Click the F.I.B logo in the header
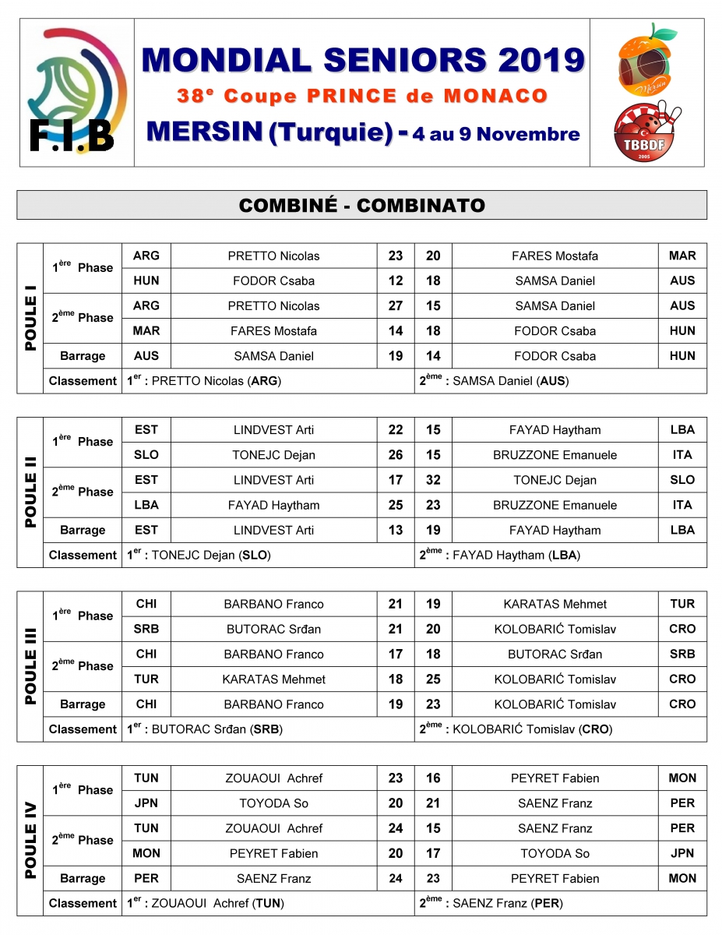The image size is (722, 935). click(76, 92)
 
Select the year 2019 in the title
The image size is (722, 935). click(542, 59)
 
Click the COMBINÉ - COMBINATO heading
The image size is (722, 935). click(361, 205)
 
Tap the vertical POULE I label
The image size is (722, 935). click(30, 318)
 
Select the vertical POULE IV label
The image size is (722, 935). click(30, 841)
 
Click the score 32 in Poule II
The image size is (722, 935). click(433, 480)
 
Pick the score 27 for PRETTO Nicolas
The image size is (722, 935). click(396, 305)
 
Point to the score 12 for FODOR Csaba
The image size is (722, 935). click(396, 280)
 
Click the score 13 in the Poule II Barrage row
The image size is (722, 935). click(396, 530)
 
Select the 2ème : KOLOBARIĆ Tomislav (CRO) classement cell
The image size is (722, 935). click(561, 729)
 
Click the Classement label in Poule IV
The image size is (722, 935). click(83, 904)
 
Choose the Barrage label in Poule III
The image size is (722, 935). click(83, 704)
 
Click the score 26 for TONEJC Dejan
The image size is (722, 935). click(396, 455)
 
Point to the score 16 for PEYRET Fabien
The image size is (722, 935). click(433, 778)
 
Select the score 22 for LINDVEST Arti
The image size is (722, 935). click(396, 429)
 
